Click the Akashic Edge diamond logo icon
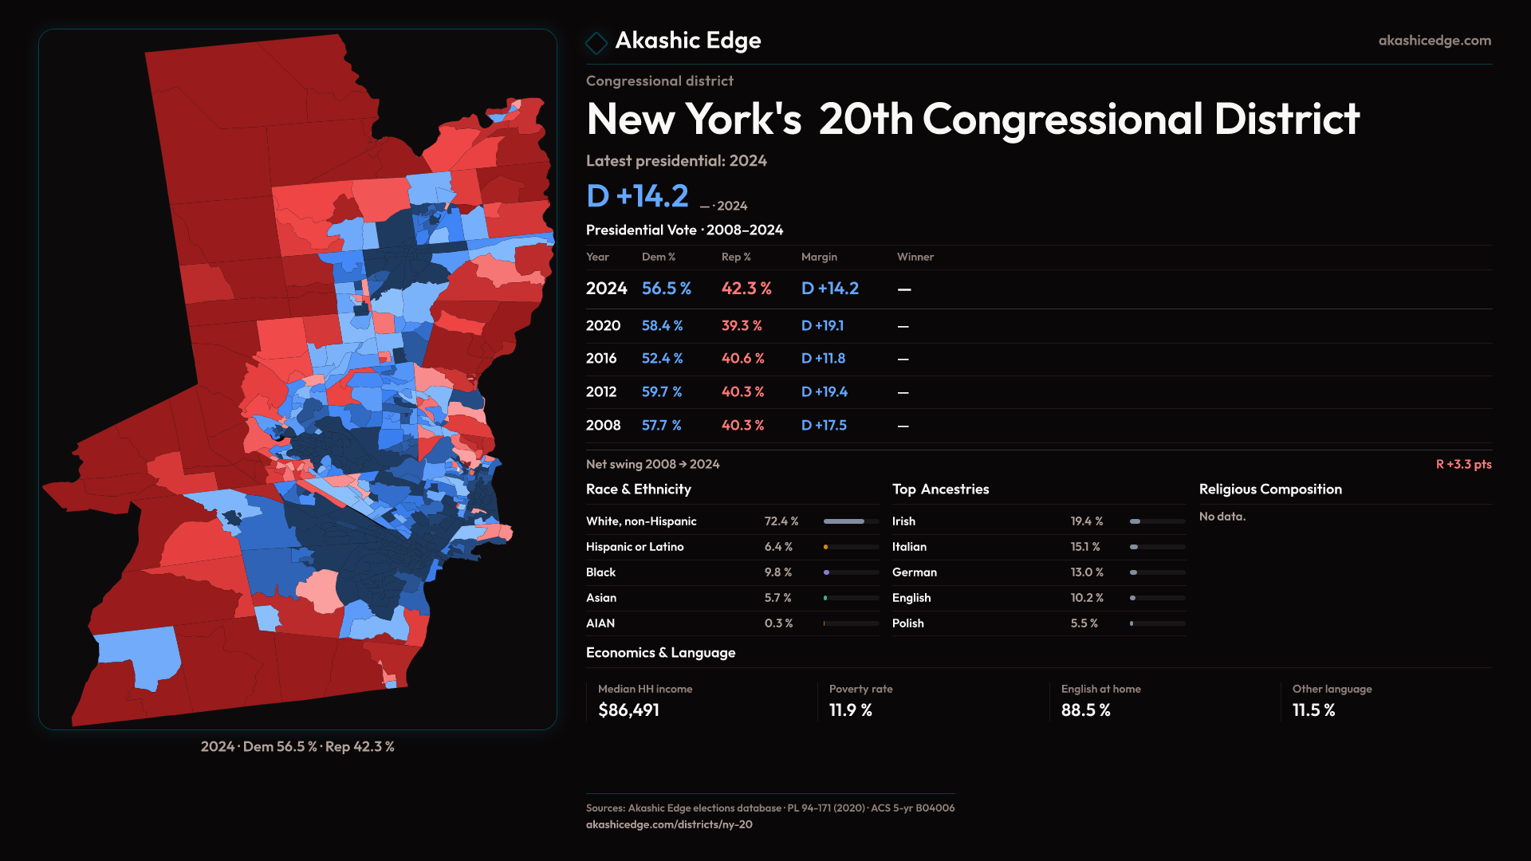[x=596, y=42]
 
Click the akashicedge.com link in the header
[x=1435, y=41]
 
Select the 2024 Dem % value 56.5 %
[x=667, y=289]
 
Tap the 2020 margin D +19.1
[x=822, y=326]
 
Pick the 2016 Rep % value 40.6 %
[x=742, y=359]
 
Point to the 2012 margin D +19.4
[x=824, y=392]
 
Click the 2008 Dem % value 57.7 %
[x=661, y=426]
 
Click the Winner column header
[x=915, y=257]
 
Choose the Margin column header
[x=819, y=257]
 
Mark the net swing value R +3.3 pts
[x=1463, y=464]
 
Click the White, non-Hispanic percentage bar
[x=851, y=521]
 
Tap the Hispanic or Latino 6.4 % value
[x=778, y=547]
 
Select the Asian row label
[x=601, y=598]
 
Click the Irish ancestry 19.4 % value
[x=1087, y=521]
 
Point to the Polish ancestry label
[x=908, y=623]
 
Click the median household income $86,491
[x=628, y=710]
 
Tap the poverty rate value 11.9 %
[x=851, y=710]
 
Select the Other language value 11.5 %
[x=1313, y=710]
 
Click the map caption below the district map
[x=297, y=747]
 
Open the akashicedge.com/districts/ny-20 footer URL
[x=669, y=824]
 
